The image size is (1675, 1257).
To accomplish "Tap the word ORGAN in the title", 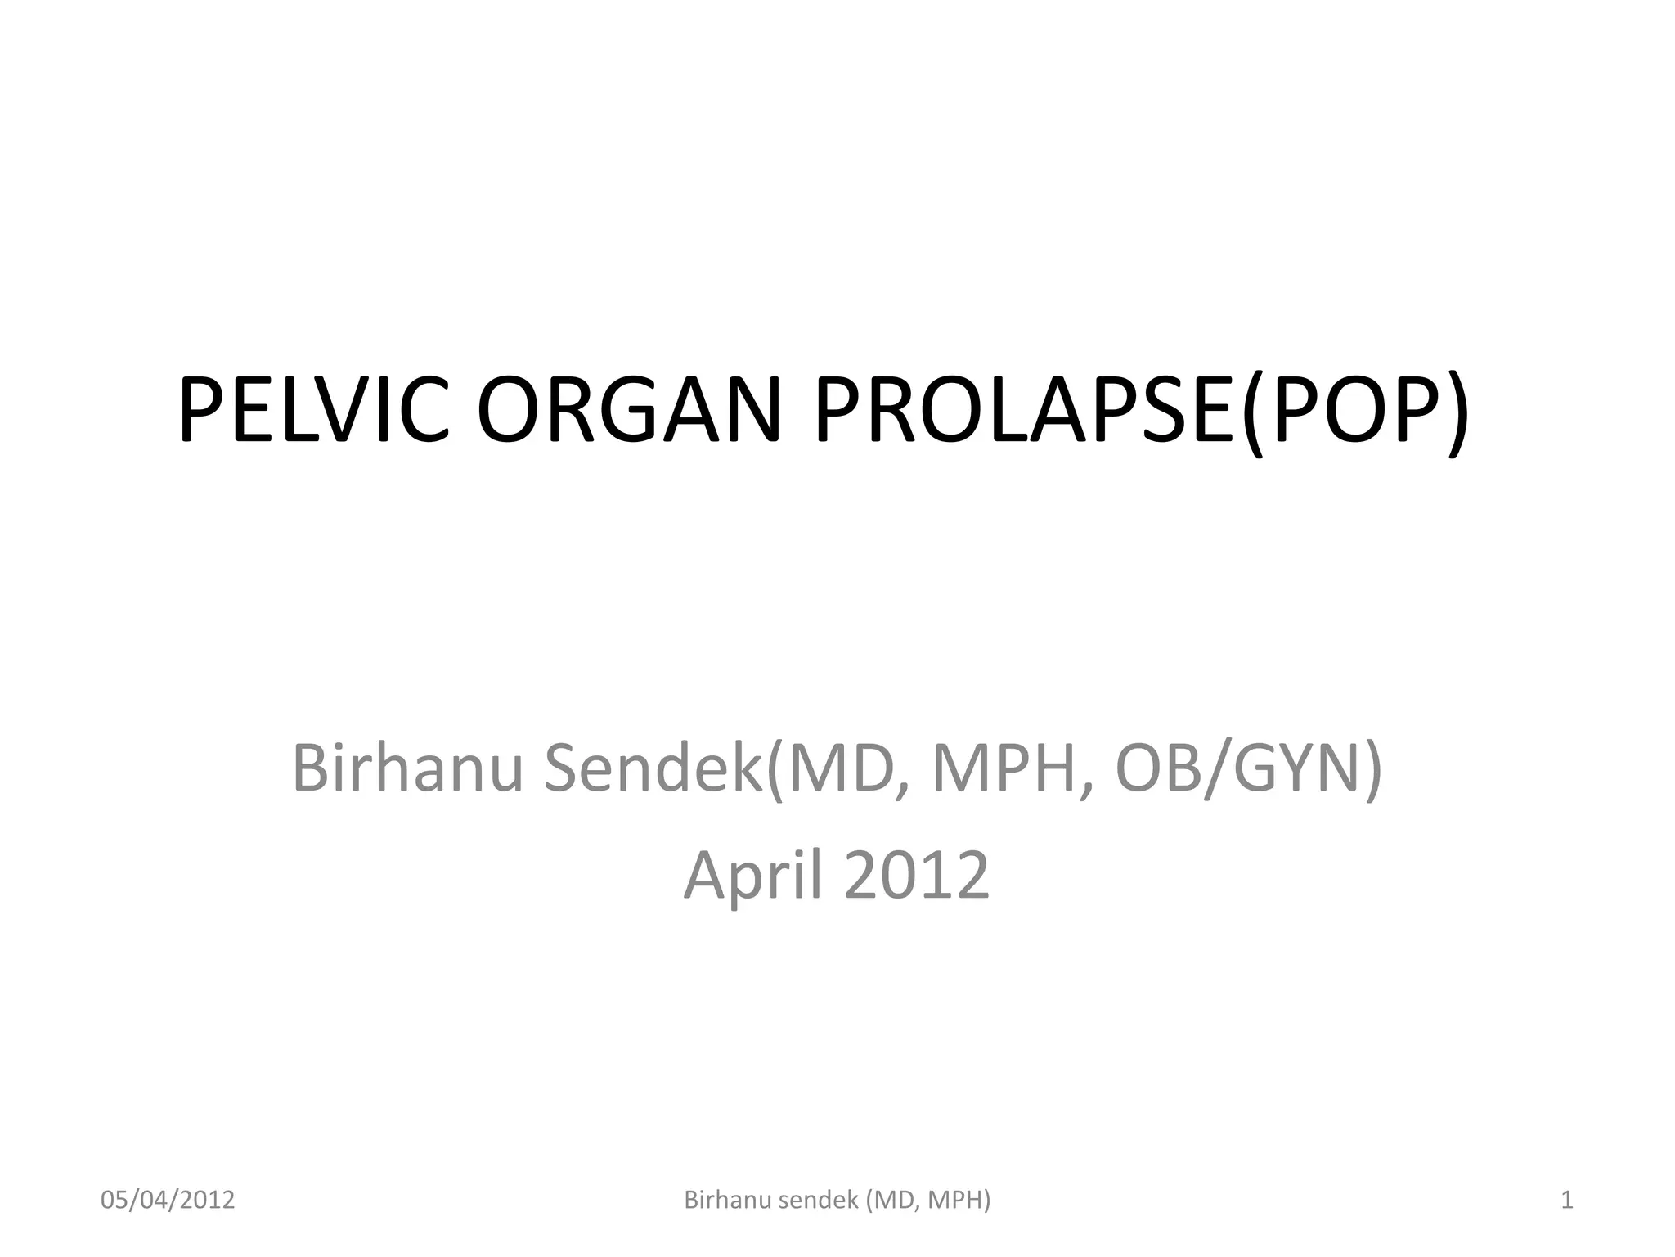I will [629, 409].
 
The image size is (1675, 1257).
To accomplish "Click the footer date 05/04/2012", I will [168, 1200].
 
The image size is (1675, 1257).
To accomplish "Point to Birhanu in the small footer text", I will [728, 1200].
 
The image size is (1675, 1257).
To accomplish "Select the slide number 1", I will [1567, 1200].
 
